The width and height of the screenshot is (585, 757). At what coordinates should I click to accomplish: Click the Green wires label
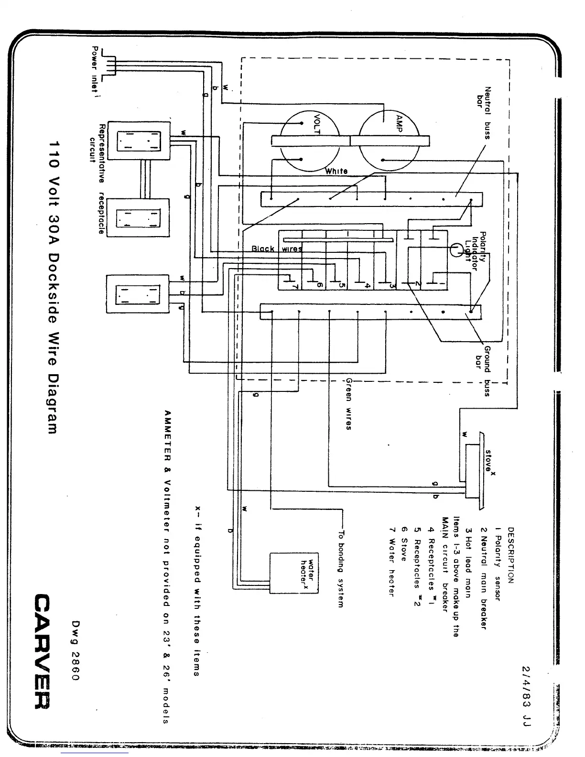(x=349, y=404)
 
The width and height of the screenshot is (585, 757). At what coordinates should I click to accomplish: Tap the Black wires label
(x=277, y=249)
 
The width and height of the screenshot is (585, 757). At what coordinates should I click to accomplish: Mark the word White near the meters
(x=336, y=171)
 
